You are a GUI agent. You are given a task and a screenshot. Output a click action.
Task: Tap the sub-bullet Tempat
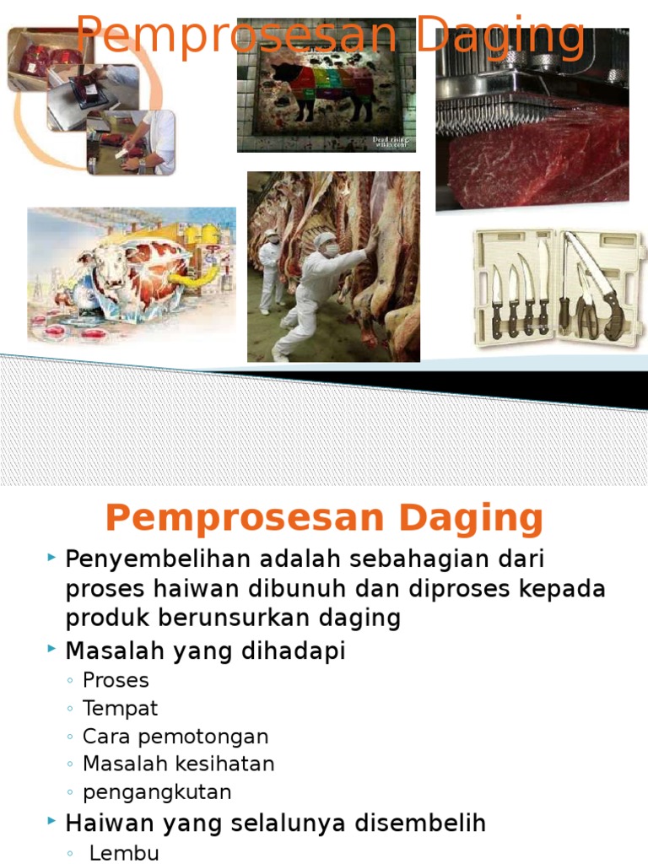coord(120,709)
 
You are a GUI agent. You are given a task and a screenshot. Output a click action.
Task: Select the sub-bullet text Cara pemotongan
coord(175,737)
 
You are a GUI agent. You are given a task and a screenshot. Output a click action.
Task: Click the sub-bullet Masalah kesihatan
coord(178,764)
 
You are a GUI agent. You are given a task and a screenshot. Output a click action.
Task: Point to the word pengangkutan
coord(157,792)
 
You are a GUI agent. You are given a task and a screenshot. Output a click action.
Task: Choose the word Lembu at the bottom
coord(124,853)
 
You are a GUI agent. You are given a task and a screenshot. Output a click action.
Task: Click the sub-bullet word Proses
coord(116,681)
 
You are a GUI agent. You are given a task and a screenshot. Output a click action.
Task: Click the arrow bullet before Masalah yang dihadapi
coord(52,651)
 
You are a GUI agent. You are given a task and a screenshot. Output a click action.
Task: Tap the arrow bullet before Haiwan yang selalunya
coord(52,823)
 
